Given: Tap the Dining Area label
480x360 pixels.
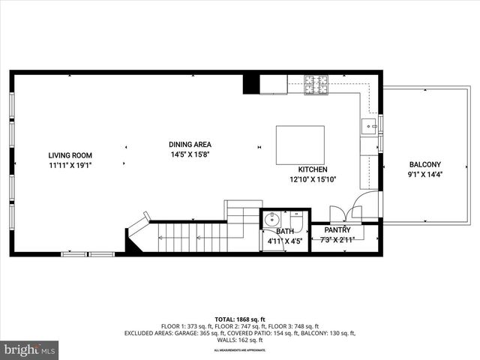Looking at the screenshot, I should (190, 145).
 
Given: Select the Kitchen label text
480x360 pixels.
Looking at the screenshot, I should (313, 169).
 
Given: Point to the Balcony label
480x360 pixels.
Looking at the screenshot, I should (424, 165).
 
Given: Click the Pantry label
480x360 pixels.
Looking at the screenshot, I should (337, 229).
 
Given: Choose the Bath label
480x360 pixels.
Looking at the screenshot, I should (284, 232).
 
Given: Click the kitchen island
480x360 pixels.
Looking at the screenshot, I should (300, 144).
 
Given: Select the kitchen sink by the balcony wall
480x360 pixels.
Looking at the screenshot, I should (369, 126).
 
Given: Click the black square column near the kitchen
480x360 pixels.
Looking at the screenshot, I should (251, 84).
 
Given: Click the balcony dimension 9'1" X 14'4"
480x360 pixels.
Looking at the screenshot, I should (424, 175).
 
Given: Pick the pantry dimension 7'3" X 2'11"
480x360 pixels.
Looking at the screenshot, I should (337, 239).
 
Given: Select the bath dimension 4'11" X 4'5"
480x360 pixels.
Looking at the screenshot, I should (284, 241).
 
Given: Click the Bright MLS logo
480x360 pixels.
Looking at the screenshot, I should (30, 349).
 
